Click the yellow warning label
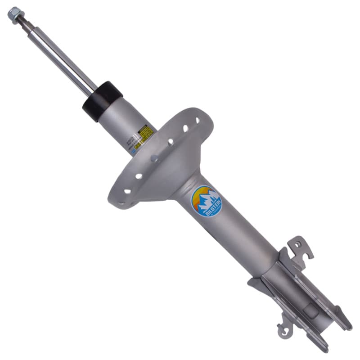(146, 133)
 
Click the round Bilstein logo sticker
(207, 201)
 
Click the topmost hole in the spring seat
(197, 121)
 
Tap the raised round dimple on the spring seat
(154, 158)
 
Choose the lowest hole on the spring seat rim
(127, 191)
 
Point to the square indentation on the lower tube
(310, 310)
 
